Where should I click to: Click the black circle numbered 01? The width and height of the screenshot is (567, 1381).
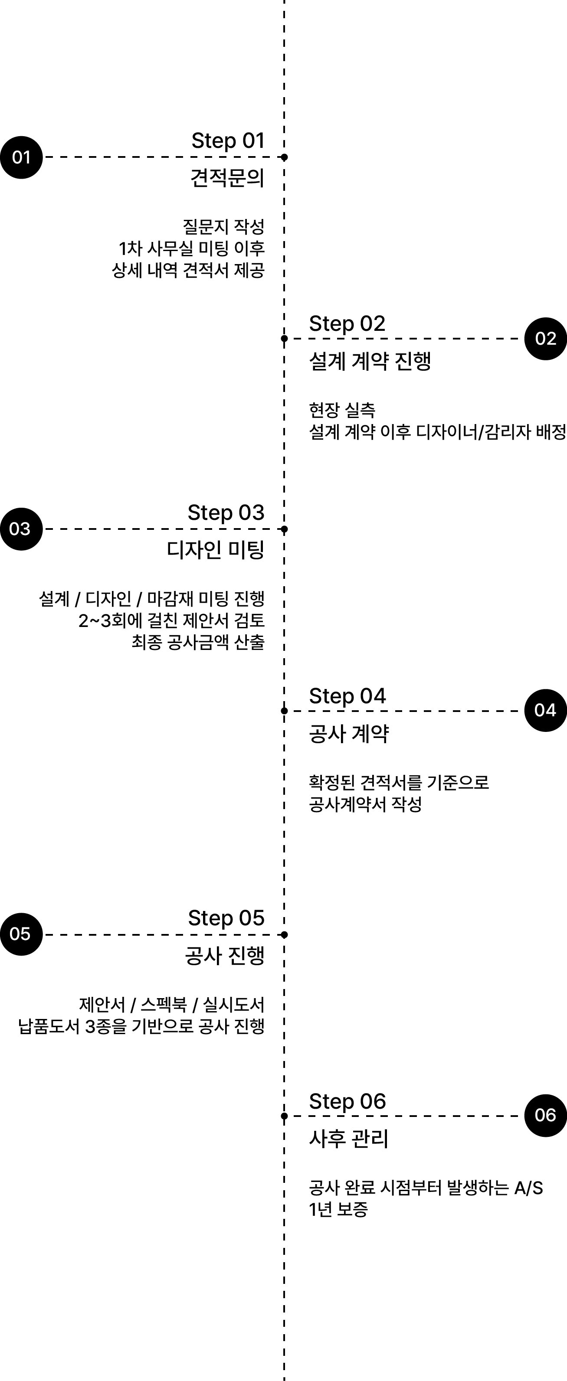tap(21, 157)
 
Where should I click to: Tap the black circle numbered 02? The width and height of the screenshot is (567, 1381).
tap(546, 339)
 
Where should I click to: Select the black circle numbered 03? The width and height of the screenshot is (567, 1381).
tap(21, 529)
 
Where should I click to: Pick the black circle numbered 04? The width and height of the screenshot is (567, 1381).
tap(546, 710)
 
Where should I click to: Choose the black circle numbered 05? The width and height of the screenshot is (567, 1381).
tap(21, 934)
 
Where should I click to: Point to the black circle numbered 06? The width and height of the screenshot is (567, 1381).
tap(546, 1116)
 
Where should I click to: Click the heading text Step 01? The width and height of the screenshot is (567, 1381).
tap(228, 141)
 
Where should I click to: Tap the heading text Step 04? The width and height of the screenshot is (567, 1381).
tap(347, 696)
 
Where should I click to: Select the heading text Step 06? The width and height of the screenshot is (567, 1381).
tap(347, 1101)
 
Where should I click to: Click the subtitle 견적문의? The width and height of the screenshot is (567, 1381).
tap(227, 177)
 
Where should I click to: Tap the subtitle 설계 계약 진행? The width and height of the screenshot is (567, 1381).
tap(370, 361)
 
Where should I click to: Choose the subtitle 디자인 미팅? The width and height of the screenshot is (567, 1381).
tap(216, 549)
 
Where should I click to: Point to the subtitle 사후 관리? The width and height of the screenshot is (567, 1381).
tap(349, 1138)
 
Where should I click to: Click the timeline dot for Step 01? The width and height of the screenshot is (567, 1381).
tap(284, 157)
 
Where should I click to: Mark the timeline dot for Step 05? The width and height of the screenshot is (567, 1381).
tap(284, 934)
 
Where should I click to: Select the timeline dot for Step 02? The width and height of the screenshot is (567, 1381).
tap(284, 339)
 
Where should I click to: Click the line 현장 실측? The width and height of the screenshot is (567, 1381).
tap(342, 410)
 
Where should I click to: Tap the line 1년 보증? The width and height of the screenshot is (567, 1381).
tap(338, 1209)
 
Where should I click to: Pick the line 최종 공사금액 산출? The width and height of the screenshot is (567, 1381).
tap(198, 642)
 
